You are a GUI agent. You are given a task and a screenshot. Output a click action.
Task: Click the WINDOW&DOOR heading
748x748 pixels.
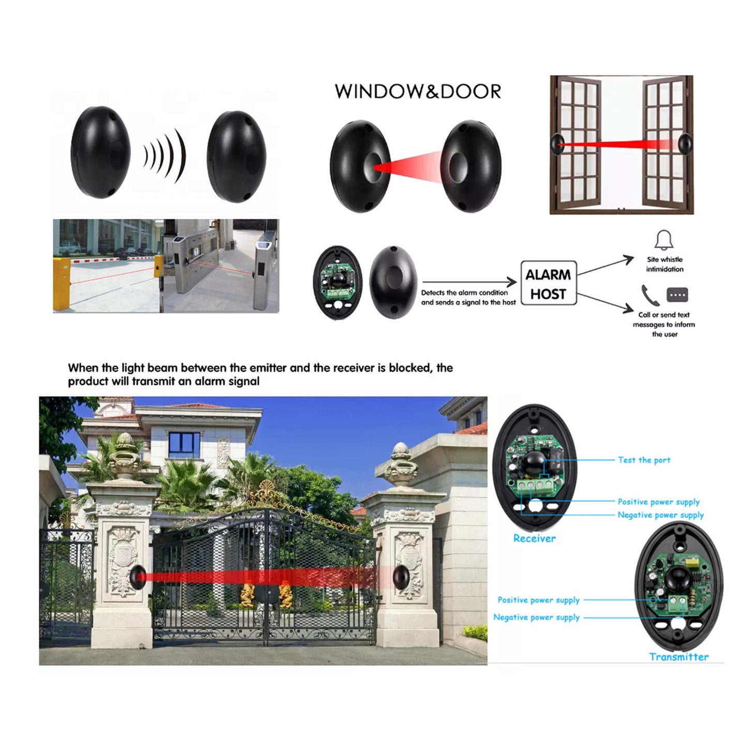point(418,91)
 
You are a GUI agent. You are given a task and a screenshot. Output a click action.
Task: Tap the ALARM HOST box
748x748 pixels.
point(548,283)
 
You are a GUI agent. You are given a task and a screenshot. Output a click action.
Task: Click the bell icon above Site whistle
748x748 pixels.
point(664,240)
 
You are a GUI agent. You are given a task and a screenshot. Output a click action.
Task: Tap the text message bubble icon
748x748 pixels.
point(677,295)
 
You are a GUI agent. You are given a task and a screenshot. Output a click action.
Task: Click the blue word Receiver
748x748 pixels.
point(534,538)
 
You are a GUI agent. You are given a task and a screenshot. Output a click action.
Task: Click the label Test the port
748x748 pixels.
point(644,460)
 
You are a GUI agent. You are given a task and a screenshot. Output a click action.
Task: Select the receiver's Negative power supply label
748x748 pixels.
point(661,515)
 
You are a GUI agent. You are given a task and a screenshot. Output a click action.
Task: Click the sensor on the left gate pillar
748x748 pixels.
point(138,576)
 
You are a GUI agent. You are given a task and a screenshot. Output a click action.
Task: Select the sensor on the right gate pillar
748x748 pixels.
point(401,577)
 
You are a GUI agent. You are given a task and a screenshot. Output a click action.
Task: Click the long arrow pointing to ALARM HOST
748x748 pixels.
point(470,282)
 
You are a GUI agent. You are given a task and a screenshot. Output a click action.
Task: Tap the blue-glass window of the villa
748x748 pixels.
point(184,445)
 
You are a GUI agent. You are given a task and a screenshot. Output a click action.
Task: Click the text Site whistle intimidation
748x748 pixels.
point(665,264)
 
